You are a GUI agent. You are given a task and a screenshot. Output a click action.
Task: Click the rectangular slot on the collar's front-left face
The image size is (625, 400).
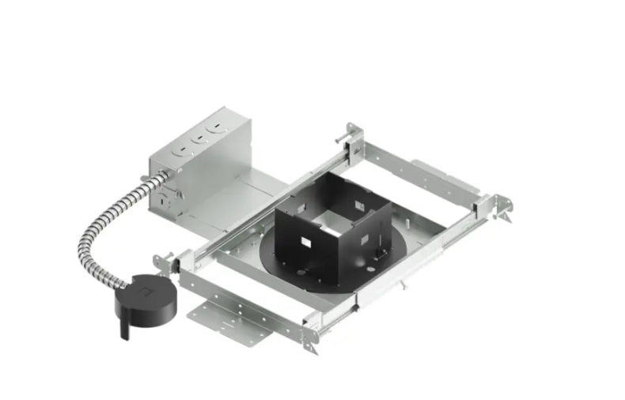tap(309, 237)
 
